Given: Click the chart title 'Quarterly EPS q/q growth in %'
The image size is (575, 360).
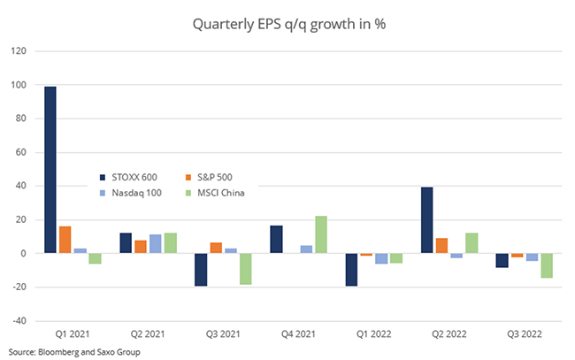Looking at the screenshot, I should (x=287, y=25).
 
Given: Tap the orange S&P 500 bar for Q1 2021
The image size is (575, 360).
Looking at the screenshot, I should (x=65, y=240).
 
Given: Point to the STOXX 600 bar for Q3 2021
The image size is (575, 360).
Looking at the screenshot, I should (x=201, y=270).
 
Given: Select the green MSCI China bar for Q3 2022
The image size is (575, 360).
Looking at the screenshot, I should (x=548, y=265).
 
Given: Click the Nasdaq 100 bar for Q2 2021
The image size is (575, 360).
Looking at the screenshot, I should (x=155, y=244).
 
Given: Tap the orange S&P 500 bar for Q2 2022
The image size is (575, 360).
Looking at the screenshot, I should (x=442, y=246).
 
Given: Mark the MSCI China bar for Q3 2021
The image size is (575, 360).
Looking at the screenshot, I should (x=245, y=269).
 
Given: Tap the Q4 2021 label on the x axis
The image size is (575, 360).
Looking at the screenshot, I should (x=298, y=333).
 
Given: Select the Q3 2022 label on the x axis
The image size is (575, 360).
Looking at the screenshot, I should (x=525, y=333).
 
